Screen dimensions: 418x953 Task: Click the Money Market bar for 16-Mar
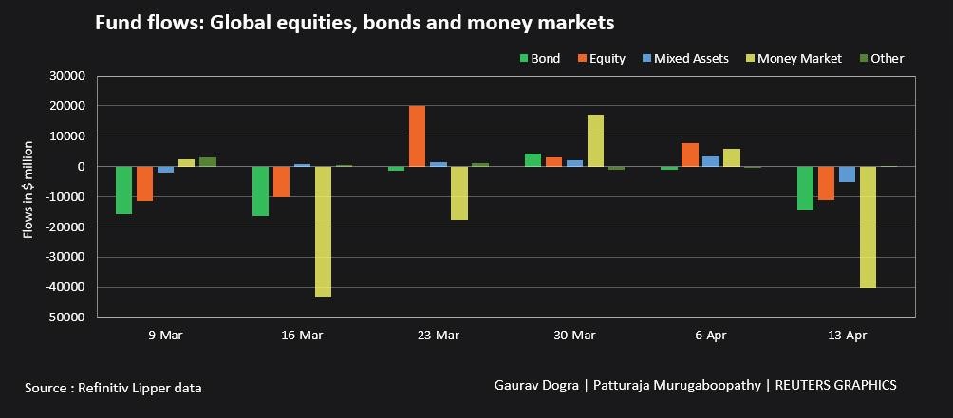pyautogui.click(x=323, y=231)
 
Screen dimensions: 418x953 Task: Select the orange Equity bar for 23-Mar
pyautogui.click(x=417, y=136)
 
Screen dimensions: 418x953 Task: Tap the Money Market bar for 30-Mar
pyautogui.click(x=595, y=140)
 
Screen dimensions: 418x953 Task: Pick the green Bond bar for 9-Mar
pyautogui.click(x=123, y=190)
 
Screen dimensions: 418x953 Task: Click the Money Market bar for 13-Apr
pyautogui.click(x=868, y=227)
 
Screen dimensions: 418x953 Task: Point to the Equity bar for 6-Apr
pyautogui.click(x=689, y=154)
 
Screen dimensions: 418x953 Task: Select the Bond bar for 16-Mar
pyautogui.click(x=260, y=191)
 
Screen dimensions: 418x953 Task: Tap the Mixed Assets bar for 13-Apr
pyautogui.click(x=847, y=173)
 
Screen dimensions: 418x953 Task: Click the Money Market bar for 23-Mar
pyautogui.click(x=458, y=192)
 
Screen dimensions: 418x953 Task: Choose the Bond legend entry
pyautogui.click(x=539, y=58)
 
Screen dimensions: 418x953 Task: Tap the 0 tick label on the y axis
pyautogui.click(x=81, y=167)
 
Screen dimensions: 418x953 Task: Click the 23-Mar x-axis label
pyautogui.click(x=438, y=336)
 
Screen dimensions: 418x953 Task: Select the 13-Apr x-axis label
pyautogui.click(x=847, y=336)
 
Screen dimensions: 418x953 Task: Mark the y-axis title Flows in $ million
pyautogui.click(x=28, y=189)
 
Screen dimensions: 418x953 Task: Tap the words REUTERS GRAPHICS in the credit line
pyautogui.click(x=835, y=385)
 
